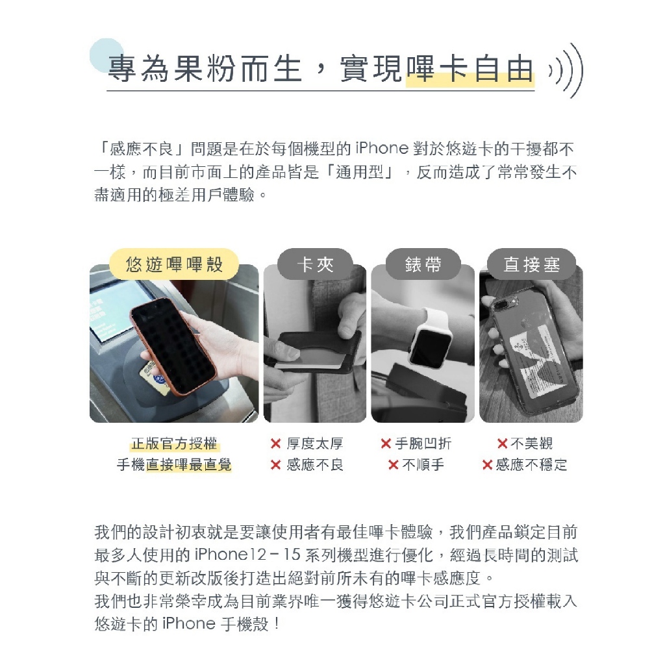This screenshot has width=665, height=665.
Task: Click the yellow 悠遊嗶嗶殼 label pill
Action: coord(174,264)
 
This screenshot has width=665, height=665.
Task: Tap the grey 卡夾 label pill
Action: coord(315,264)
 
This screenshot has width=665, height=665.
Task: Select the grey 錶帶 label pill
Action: coord(423,264)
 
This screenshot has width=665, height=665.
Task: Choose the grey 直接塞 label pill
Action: coord(531,264)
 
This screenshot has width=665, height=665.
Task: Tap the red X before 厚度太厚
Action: coord(275,444)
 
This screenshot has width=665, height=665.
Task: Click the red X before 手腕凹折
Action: coord(386,444)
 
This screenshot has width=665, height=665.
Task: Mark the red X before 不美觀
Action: coord(502,444)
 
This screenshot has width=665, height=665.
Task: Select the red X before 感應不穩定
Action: coord(488,465)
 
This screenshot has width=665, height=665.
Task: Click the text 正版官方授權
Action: coord(174,444)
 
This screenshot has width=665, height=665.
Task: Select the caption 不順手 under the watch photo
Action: coord(423,465)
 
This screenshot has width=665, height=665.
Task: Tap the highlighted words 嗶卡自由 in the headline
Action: coord(470,69)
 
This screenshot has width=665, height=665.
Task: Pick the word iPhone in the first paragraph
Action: coord(382,149)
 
